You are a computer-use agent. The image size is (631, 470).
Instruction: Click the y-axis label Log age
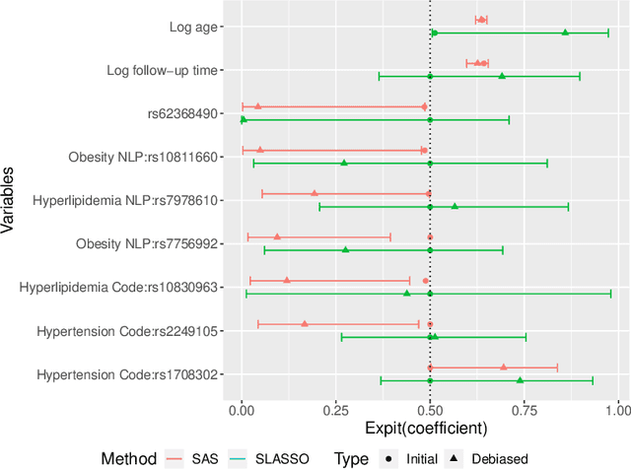click(x=194, y=27)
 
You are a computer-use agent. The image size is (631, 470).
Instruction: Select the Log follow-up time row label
click(x=163, y=70)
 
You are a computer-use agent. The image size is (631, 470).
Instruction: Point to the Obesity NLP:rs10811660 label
click(x=143, y=157)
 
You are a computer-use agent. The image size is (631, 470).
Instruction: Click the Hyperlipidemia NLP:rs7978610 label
click(x=125, y=200)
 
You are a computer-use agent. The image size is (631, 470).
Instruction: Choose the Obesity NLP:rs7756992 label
click(x=147, y=243)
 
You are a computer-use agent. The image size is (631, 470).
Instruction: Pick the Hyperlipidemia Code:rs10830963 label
click(x=118, y=287)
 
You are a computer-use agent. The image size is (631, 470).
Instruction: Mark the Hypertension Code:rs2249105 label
click(x=127, y=331)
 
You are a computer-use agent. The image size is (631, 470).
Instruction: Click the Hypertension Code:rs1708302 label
click(x=127, y=374)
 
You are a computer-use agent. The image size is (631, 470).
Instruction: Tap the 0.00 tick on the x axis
click(x=242, y=408)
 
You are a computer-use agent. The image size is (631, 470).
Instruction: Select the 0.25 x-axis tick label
click(x=335, y=408)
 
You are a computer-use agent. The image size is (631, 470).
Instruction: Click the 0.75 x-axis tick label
click(x=524, y=408)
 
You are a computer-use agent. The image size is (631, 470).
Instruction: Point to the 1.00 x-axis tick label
click(x=617, y=408)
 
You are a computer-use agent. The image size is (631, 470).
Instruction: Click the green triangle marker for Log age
click(x=565, y=33)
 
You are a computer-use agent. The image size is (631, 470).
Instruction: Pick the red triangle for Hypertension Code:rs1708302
click(x=503, y=367)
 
